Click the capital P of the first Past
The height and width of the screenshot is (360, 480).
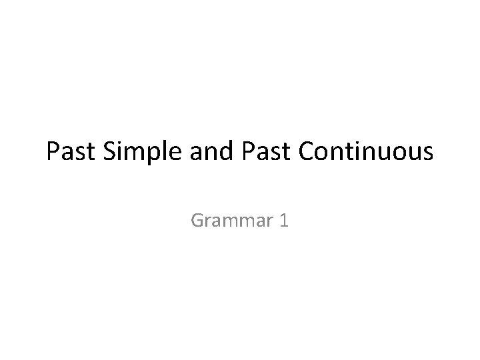point(53,153)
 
